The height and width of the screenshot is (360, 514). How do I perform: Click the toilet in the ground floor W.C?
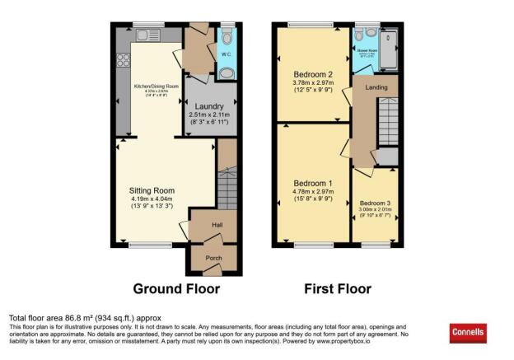(x=227, y=36)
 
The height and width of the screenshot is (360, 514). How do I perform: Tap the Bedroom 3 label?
(x=376, y=203)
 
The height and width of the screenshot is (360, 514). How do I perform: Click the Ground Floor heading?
(x=176, y=289)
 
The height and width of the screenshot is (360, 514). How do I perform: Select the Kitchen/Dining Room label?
(x=155, y=86)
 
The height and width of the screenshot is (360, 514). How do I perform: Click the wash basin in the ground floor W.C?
(x=227, y=72)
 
